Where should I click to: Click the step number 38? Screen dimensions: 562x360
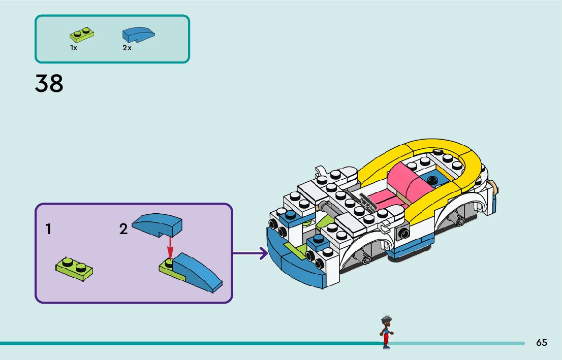pyautogui.click(x=49, y=84)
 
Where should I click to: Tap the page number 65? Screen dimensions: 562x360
pyautogui.click(x=542, y=343)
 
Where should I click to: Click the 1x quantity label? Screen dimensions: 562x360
pyautogui.click(x=74, y=48)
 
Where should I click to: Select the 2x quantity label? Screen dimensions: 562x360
pyautogui.click(x=127, y=48)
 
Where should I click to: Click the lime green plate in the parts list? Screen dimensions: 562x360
pyautogui.click(x=82, y=35)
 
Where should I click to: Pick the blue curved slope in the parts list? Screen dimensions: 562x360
pyautogui.click(x=138, y=34)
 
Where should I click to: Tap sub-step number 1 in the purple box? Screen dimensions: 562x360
pyautogui.click(x=48, y=230)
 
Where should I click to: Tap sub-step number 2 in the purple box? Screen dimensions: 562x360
pyautogui.click(x=123, y=230)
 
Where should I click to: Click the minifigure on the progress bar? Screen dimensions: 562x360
pyautogui.click(x=386, y=332)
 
